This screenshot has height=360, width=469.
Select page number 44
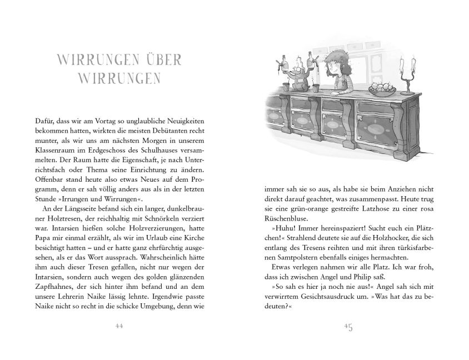click(x=118, y=326)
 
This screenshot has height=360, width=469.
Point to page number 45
click(x=349, y=326)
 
